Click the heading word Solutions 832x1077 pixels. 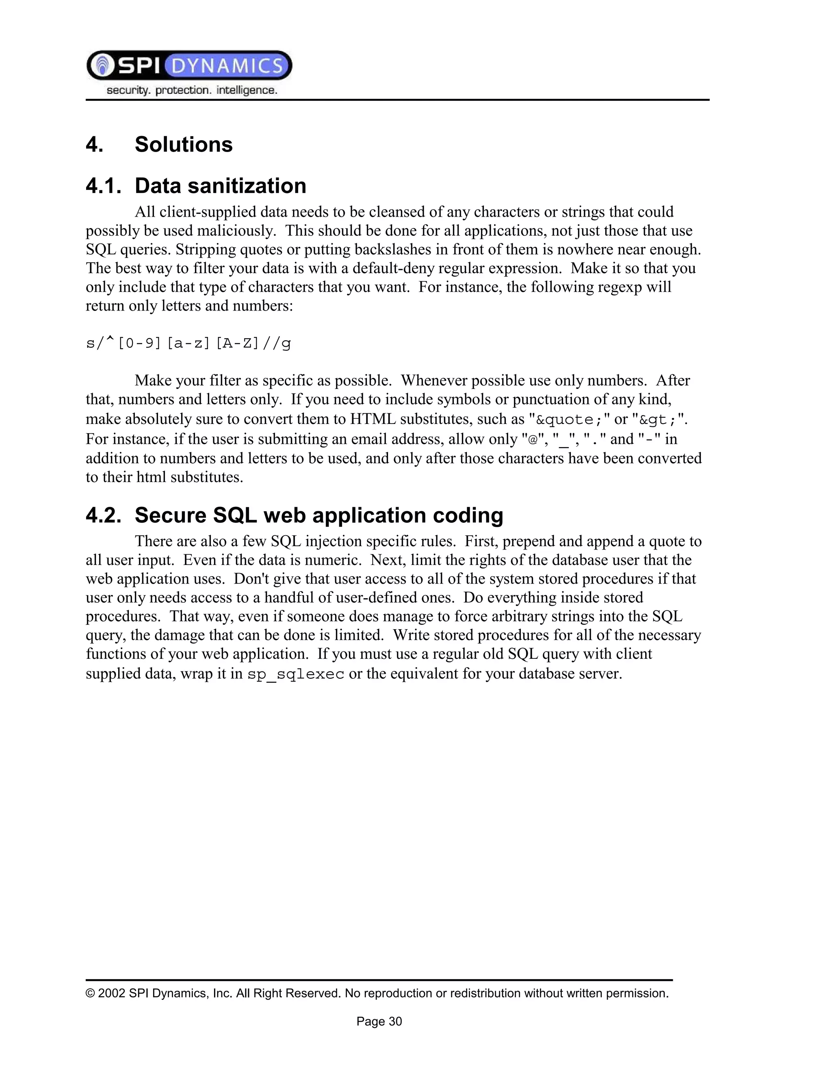(183, 145)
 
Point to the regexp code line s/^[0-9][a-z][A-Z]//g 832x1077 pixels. (188, 343)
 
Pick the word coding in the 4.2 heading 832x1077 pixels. (468, 515)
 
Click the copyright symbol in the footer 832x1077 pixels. (90, 993)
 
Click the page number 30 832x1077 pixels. (395, 1021)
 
